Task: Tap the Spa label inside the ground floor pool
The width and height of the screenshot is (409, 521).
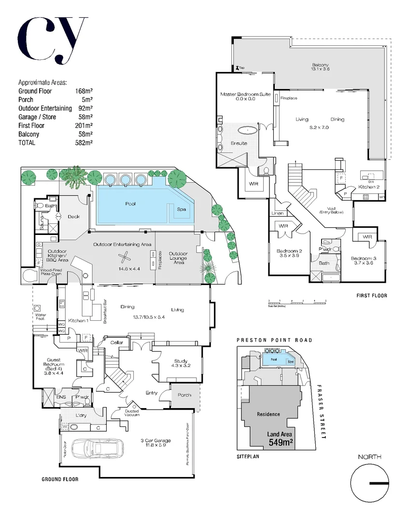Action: pos(182,209)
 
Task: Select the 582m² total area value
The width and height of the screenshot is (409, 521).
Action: pos(83,143)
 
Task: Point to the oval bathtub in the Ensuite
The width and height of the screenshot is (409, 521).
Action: pos(249,129)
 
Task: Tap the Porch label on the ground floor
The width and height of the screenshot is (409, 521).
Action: pos(184,395)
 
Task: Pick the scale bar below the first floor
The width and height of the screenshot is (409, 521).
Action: pos(296,302)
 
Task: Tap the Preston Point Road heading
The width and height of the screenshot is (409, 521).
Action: pos(274,340)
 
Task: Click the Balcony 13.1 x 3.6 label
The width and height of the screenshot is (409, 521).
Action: pos(320,67)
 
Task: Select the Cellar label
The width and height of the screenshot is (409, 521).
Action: pos(117,343)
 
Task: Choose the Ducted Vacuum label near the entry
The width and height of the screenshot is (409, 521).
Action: pos(131,413)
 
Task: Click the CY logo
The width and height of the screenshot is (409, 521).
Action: pos(53,40)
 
